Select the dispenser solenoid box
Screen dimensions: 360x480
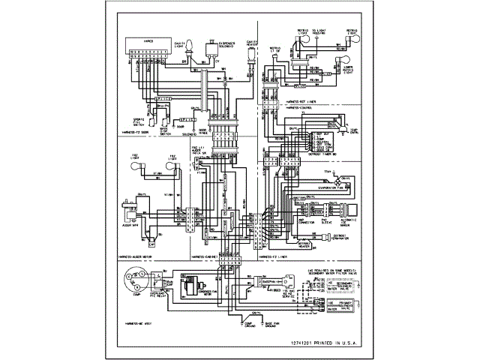pos(228,46)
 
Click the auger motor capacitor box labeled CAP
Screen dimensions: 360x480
pos(151,241)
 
